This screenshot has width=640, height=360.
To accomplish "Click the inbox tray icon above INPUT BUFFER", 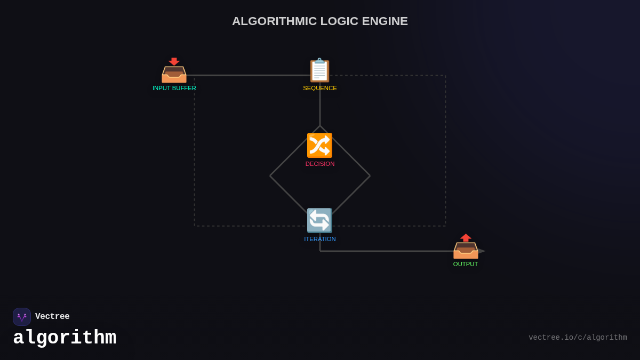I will (x=174, y=70).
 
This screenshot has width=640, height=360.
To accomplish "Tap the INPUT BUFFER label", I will (x=174, y=88).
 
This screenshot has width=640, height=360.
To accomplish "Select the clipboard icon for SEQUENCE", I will (x=320, y=70).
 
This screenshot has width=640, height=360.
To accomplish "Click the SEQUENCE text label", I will (x=320, y=88).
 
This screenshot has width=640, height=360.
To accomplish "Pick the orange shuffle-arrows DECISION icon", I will (x=319, y=145).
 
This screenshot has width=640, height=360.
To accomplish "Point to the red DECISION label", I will (x=320, y=164).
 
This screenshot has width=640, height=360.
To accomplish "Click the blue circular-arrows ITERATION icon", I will (x=319, y=221).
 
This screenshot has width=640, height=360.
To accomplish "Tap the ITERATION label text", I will (x=320, y=239).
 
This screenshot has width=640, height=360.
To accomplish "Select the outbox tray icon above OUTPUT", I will (x=466, y=246).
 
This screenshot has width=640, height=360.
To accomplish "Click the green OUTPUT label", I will (x=466, y=264).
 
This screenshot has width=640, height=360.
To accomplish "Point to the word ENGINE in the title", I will (x=385, y=21).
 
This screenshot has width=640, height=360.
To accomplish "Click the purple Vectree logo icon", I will (x=22, y=317).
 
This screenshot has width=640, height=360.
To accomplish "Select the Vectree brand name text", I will (x=52, y=317).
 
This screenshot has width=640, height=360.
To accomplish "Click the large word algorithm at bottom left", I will (x=65, y=338).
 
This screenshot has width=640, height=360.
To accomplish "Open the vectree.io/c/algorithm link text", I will (x=578, y=338).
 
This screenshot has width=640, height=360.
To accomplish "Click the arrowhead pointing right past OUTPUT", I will (x=482, y=251).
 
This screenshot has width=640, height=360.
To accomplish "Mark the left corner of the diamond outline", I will (x=270, y=175).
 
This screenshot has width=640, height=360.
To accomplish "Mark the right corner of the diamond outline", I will (x=370, y=175).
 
